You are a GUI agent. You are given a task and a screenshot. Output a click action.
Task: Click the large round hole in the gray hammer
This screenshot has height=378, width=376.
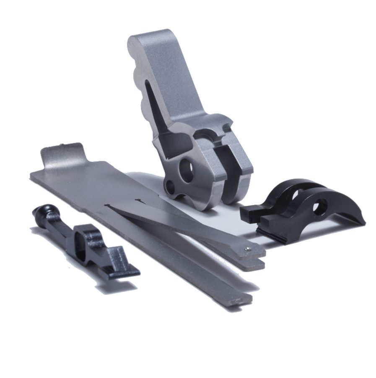(187, 169)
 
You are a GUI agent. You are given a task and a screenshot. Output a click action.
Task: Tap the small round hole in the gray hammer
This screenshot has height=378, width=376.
(170, 186)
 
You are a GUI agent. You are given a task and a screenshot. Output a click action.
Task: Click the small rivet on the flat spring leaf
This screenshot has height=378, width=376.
(248, 249)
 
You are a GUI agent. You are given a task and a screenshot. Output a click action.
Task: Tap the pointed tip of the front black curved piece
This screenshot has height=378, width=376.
(361, 222)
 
